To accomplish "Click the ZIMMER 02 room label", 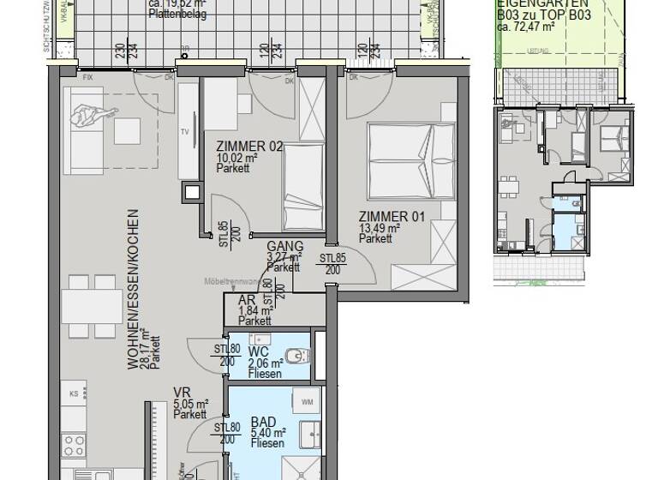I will click(x=249, y=147).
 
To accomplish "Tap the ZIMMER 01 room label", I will click(x=392, y=217).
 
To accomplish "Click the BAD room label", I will click(x=262, y=423).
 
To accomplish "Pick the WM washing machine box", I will click(x=305, y=401).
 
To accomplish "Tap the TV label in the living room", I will click(x=183, y=132).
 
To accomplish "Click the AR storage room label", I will click(x=245, y=301).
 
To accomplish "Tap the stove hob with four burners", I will click(x=75, y=446).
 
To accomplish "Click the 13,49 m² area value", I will click(x=381, y=228).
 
